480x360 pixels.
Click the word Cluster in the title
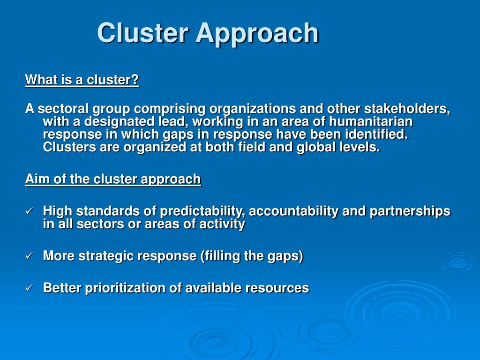(143, 33)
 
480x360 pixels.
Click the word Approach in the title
(257, 33)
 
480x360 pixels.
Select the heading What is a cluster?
(82, 80)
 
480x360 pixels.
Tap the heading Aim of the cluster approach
(113, 179)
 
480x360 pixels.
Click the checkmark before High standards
(29, 211)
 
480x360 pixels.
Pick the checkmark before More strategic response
(29, 256)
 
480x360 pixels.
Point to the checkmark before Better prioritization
(29, 288)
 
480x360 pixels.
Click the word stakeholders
(407, 109)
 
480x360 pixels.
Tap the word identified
(376, 135)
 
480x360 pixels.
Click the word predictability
(200, 211)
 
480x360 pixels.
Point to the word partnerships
(410, 211)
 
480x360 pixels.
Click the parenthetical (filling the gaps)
(252, 256)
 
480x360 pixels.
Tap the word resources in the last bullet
(279, 288)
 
